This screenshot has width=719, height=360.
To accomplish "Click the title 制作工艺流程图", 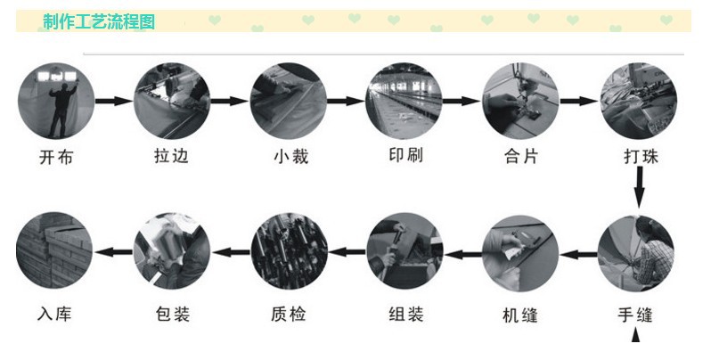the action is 99,21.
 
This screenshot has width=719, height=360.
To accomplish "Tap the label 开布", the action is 56,158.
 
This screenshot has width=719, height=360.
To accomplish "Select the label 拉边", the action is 171,156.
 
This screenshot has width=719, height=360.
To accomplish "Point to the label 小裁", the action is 290,157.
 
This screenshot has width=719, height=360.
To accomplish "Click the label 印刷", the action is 405,155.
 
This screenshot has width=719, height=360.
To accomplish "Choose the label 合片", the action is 521,156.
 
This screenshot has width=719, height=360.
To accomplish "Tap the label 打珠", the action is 641,156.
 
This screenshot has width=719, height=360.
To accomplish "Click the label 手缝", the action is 635,315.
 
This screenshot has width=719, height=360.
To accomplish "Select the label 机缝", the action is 520,315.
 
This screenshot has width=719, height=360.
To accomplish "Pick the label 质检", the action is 289,315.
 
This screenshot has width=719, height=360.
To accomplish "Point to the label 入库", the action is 54,315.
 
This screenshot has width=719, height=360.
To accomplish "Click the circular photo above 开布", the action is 56,101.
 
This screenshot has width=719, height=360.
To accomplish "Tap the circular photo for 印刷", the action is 404,101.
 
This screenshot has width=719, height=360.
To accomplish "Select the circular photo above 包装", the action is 172,251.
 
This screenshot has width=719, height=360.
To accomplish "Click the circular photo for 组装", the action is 404,251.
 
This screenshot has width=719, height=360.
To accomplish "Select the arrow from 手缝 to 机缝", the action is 578,253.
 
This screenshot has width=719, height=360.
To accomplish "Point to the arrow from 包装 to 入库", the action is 113,251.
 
